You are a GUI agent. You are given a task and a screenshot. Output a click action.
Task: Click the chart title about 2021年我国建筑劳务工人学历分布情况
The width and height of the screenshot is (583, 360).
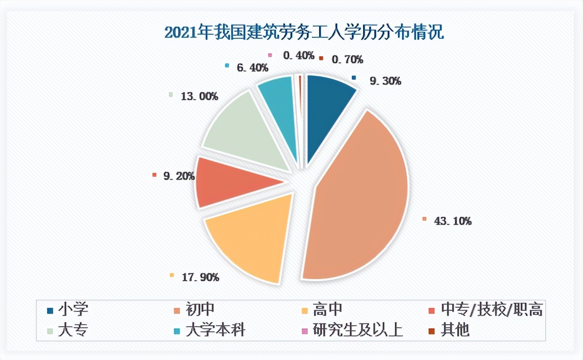pyautogui.click(x=304, y=33)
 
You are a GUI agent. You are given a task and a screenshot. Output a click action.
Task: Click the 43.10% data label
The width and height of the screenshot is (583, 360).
pyautogui.click(x=452, y=221)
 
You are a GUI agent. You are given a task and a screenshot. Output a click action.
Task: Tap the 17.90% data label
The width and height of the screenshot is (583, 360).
pyautogui.click(x=199, y=277)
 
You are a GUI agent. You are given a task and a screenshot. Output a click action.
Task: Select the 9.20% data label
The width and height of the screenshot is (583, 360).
pyautogui.click(x=178, y=176)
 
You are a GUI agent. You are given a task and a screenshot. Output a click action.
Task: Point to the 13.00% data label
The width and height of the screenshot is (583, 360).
pyautogui.click(x=199, y=96)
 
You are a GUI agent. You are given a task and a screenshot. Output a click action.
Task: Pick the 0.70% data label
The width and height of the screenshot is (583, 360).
pyautogui.click(x=347, y=59)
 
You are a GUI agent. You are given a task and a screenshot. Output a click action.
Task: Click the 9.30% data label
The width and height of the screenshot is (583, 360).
pyautogui.click(x=385, y=80)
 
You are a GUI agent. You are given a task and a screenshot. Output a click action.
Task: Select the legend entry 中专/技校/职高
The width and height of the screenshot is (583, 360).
pyautogui.click(x=491, y=309)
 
